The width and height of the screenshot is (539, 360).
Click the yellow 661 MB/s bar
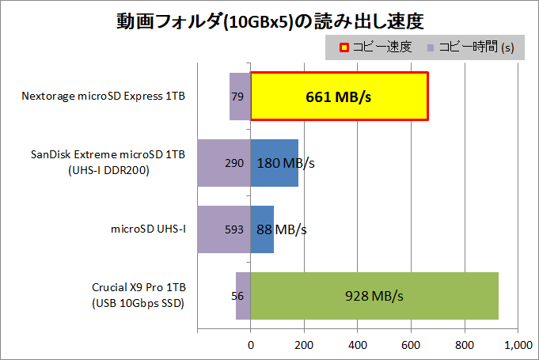point(340,97)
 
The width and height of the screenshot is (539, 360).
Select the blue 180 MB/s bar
point(275,163)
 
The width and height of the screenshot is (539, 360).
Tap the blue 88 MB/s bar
point(262,229)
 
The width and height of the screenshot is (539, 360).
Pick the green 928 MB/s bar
point(374,296)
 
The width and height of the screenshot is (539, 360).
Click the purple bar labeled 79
point(240,97)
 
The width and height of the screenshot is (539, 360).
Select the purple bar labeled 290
point(223,163)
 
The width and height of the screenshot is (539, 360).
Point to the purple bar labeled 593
point(223,229)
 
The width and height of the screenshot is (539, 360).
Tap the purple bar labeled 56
point(243,296)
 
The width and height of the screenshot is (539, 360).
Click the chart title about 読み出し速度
point(269,21)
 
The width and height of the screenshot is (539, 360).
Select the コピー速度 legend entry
point(376,47)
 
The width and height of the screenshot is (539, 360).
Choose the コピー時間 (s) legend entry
point(470,47)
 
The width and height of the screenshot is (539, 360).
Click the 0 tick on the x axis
point(251,345)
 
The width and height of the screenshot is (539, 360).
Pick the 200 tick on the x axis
point(304,345)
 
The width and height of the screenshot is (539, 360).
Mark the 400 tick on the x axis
point(358,345)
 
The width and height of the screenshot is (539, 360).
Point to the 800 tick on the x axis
point(465,345)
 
